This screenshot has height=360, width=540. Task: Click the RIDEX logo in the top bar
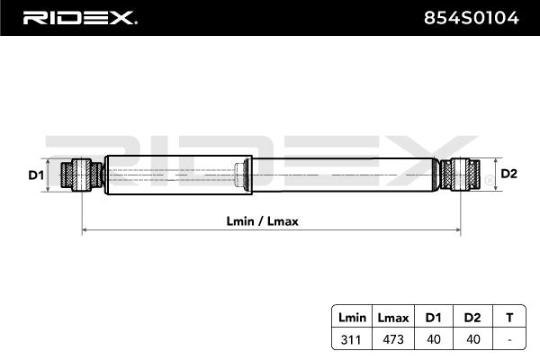(x=78, y=17)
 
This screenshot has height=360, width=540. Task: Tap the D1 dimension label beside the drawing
(x=36, y=174)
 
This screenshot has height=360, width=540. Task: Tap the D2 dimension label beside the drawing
(x=508, y=174)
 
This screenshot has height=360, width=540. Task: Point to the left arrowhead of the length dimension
(x=85, y=231)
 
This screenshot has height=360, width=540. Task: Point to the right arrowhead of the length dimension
(x=458, y=231)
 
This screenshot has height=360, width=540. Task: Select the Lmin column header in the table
(x=353, y=318)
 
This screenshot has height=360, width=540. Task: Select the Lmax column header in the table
(x=392, y=318)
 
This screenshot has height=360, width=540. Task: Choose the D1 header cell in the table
(x=432, y=318)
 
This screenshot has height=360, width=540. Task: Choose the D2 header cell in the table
(x=471, y=318)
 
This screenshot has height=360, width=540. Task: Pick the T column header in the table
(x=509, y=318)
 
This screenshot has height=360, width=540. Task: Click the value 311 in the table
(x=353, y=339)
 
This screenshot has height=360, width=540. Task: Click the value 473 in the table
(x=392, y=339)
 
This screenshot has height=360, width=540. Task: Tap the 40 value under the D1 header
(x=432, y=339)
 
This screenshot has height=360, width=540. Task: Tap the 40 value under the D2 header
(x=471, y=339)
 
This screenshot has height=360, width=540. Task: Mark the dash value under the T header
(x=509, y=339)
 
